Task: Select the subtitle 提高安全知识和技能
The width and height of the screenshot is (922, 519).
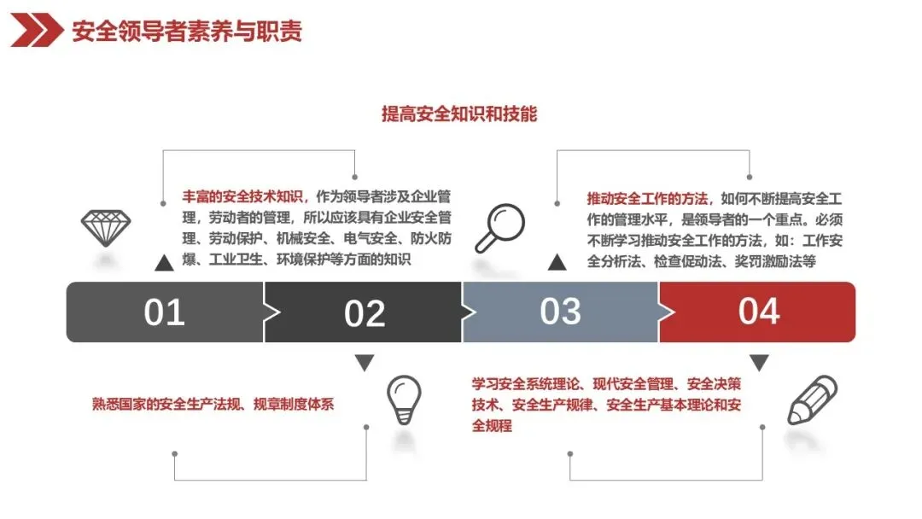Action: point(459,114)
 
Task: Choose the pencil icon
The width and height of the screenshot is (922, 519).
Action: point(811,399)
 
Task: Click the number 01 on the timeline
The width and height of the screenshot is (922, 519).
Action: point(164,312)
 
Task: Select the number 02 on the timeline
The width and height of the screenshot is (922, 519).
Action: point(365,313)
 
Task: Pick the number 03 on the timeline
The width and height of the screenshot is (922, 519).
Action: point(560,312)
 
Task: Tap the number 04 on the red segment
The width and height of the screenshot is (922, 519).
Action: point(758,312)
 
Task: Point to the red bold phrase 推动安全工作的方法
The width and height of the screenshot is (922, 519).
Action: point(648,198)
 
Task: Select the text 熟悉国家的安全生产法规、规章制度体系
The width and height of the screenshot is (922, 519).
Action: point(213,404)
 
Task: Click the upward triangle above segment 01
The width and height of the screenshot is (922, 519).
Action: point(164,262)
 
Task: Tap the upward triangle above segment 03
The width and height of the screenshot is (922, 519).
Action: point(557,262)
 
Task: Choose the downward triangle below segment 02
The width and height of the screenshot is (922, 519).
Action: point(365,363)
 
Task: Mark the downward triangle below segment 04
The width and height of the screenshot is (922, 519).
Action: point(759,363)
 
